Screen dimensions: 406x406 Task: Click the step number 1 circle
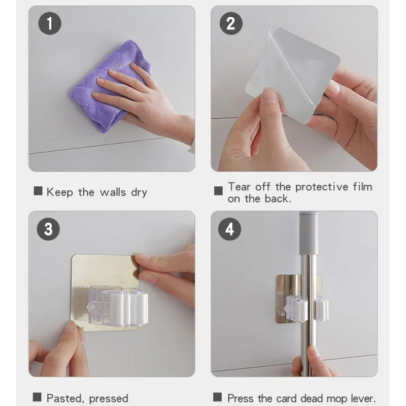coord(50,23)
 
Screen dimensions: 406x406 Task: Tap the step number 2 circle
coord(231,23)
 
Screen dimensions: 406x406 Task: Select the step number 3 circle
coord(48,229)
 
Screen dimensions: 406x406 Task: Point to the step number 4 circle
coord(229,229)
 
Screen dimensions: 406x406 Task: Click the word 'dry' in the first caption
coord(139,192)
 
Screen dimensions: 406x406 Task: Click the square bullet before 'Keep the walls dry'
coord(38,191)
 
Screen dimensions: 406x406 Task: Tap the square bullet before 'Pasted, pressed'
coord(37,397)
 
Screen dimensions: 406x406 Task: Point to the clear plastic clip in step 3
coord(118,307)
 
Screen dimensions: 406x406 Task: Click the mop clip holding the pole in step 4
coord(307,310)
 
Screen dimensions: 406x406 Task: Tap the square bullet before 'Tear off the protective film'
coord(218,191)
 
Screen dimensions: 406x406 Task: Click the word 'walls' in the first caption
coord(113,192)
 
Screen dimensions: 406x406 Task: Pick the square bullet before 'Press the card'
coord(218,397)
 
